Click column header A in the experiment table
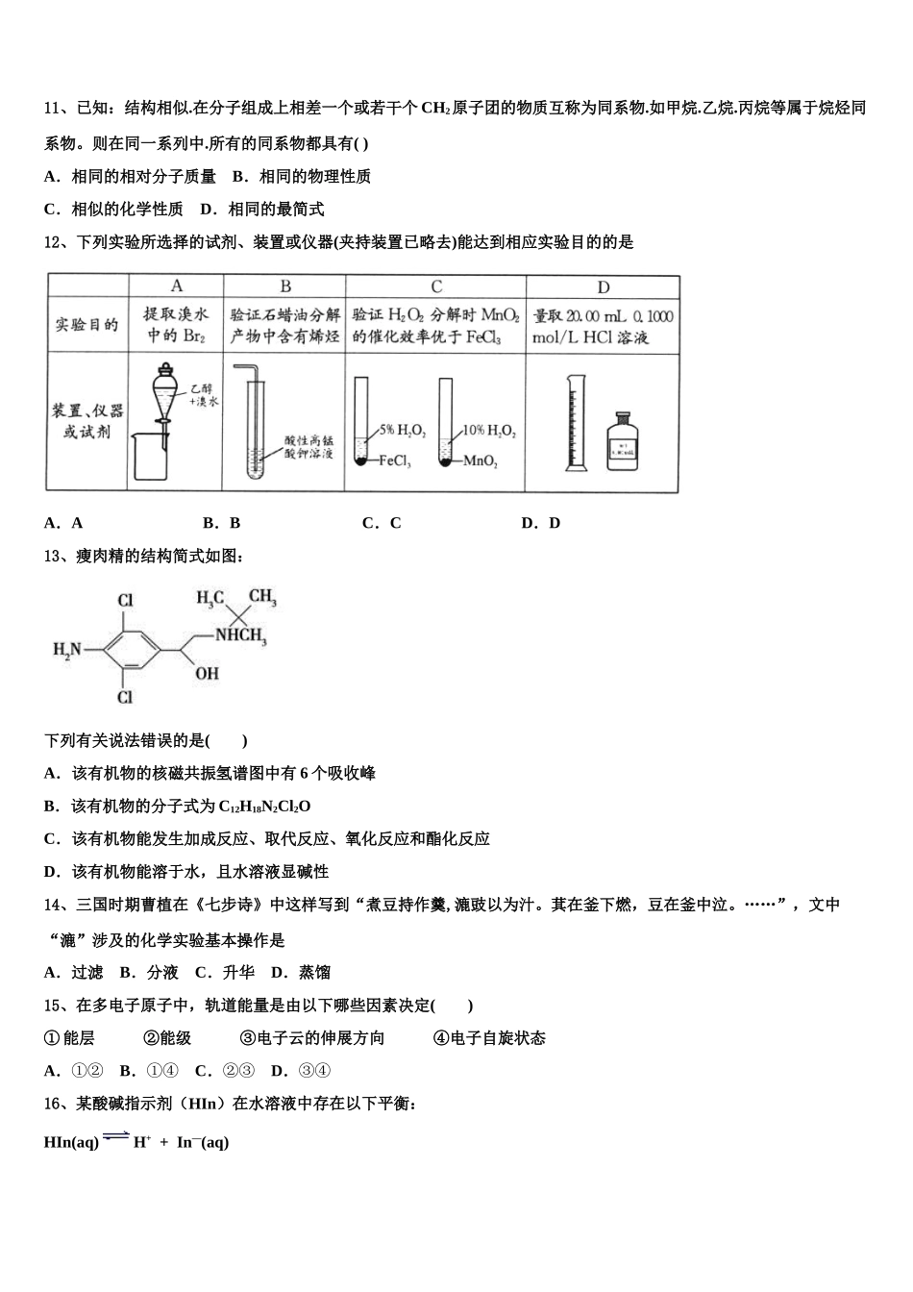tap(177, 286)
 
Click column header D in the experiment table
tap(603, 286)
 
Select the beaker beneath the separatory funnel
tap(151, 454)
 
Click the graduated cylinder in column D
tap(576, 422)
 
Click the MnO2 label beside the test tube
tap(481, 462)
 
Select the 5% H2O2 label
tap(402, 431)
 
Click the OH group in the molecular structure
tap(207, 674)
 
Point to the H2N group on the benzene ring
tap(67, 651)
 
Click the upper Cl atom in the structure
tap(125, 601)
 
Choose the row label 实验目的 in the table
tap(86, 325)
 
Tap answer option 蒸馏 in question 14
tap(314, 973)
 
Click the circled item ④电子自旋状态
tap(489, 1038)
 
